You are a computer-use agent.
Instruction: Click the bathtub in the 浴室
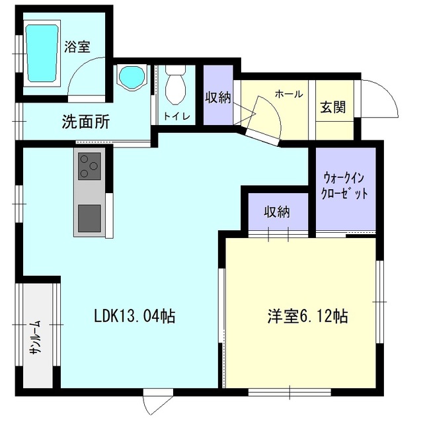pyautogui.click(x=42, y=53)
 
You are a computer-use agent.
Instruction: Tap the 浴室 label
pyautogui.click(x=77, y=47)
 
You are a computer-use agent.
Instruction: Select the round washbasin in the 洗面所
pyautogui.click(x=132, y=77)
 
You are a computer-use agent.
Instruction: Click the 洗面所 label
pyautogui.click(x=86, y=122)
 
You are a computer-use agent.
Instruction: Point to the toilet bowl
pyautogui.click(x=176, y=85)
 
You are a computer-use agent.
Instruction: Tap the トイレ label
pyautogui.click(x=177, y=116)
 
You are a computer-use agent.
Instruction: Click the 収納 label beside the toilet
pyautogui.click(x=218, y=97)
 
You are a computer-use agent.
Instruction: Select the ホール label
pyautogui.click(x=289, y=94)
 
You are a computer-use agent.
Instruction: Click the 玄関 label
pyautogui.click(x=333, y=107)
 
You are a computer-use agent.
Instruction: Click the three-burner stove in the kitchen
pyautogui.click(x=90, y=166)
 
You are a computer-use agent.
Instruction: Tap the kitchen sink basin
pyautogui.click(x=90, y=218)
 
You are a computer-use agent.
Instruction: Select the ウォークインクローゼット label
pyautogui.click(x=345, y=186)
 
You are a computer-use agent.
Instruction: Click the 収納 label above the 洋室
pyautogui.click(x=277, y=212)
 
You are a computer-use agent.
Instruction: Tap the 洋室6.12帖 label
pyautogui.click(x=307, y=316)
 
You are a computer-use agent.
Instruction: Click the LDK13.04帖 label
pyautogui.click(x=135, y=316)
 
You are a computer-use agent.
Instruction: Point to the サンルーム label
pyautogui.click(x=36, y=337)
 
